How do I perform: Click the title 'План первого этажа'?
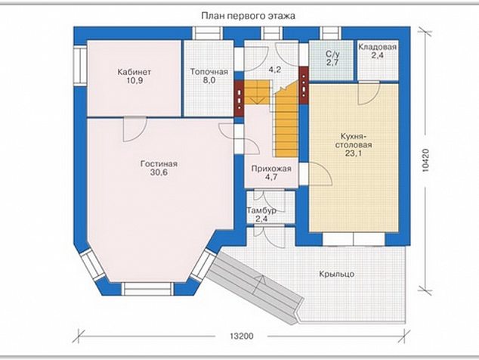point(248,16)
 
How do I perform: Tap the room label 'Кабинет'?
point(134,72)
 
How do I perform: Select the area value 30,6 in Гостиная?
point(159,172)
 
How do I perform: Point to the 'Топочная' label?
point(209,72)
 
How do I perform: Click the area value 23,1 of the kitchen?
point(354,154)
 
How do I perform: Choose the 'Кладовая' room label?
point(378,47)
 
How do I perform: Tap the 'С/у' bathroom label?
point(332,54)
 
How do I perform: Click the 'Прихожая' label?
point(271,169)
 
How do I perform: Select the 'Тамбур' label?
point(261,210)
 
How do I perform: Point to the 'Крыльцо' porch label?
point(337,274)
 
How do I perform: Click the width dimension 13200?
point(242,336)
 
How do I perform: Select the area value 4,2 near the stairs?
point(275,70)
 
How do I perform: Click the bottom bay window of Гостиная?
point(147,289)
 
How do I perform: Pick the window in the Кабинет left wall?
point(80,64)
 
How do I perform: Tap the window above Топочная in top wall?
point(208,33)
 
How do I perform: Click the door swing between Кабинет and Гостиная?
point(134,129)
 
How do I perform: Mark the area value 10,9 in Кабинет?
point(134,81)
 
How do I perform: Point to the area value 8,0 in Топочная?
point(209,80)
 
